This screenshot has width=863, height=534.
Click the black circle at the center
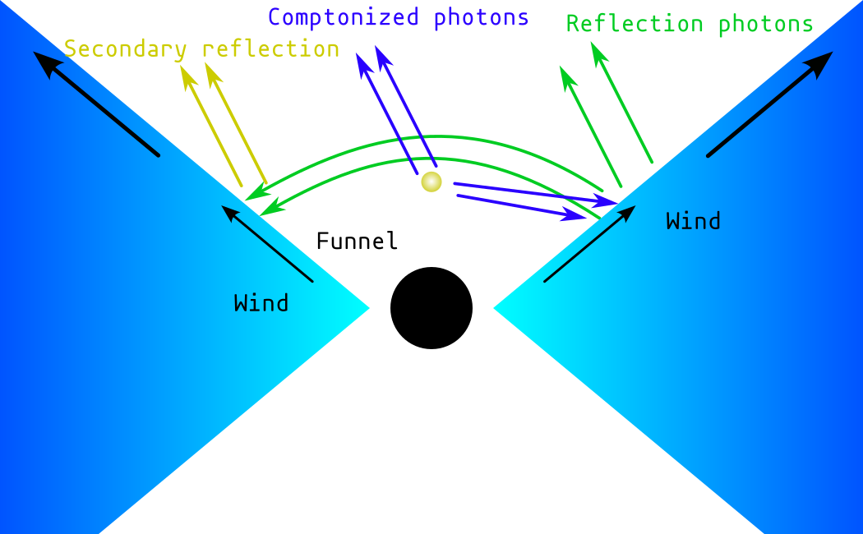point(431,308)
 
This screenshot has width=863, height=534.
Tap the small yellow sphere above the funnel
point(431,182)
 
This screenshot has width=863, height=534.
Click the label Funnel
point(358,242)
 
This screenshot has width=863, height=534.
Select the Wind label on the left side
point(261,303)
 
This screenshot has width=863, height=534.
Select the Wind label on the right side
point(693,221)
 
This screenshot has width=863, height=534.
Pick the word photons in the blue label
point(483,17)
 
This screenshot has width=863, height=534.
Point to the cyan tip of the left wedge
point(362,308)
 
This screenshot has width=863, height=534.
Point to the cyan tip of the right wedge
point(501,308)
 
